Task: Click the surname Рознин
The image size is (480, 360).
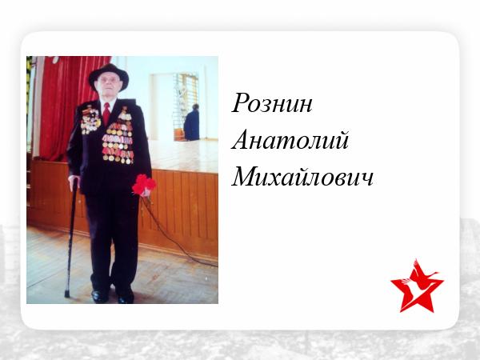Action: [272, 103]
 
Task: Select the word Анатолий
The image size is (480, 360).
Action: [290, 139]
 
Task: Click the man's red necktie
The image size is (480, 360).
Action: [106, 114]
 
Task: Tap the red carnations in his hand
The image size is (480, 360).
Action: [144, 185]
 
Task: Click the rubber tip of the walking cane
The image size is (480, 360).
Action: [67, 294]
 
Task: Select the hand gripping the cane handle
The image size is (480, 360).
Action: [74, 182]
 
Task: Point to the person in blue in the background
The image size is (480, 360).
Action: [192, 122]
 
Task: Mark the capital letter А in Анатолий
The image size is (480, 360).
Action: [241, 139]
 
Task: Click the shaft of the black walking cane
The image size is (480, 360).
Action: [70, 238]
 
